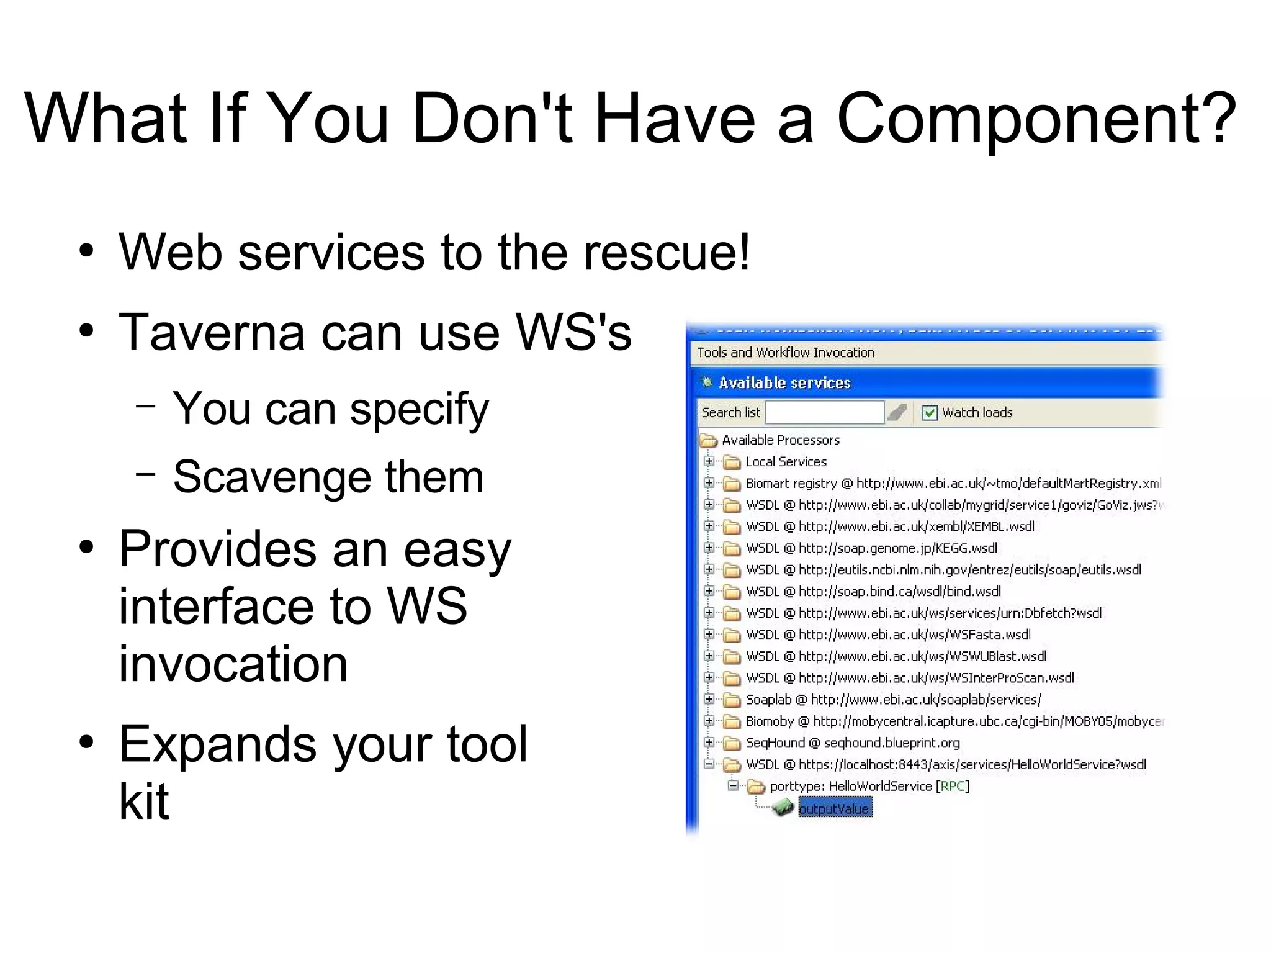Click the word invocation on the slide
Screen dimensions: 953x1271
pyautogui.click(x=233, y=663)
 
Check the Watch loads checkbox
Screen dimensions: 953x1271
pyautogui.click(x=929, y=413)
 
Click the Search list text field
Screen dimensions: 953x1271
pyautogui.click(x=824, y=412)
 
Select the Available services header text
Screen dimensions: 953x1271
pyautogui.click(x=784, y=383)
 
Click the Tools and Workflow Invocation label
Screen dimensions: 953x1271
pyautogui.click(x=786, y=353)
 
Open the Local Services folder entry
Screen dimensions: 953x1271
pyautogui.click(x=786, y=462)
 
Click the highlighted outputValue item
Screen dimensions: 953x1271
pyautogui.click(x=835, y=808)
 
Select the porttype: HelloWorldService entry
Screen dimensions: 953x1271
pyautogui.click(x=869, y=786)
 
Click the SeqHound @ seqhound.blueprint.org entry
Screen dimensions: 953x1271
pyautogui.click(x=853, y=743)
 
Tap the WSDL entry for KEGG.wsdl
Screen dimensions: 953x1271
pyautogui.click(x=871, y=548)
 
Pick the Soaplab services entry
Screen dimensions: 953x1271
pyautogui.click(x=893, y=700)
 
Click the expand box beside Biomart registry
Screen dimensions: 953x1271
pyautogui.click(x=709, y=483)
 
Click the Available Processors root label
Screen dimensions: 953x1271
pyautogui.click(x=780, y=440)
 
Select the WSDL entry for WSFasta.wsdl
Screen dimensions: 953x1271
pyautogui.click(x=888, y=635)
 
